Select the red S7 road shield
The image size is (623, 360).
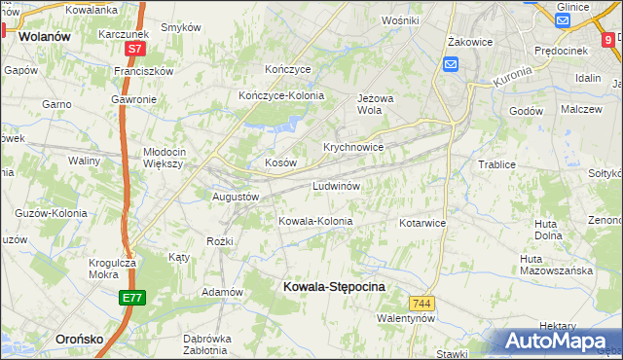[x=135, y=48]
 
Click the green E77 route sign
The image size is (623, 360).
[x=133, y=298]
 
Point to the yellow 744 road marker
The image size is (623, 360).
[x=421, y=304]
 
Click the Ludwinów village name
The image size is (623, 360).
[x=337, y=185]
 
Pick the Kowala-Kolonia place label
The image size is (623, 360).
[x=315, y=221]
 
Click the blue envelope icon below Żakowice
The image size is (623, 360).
[x=451, y=64]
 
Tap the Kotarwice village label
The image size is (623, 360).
[x=421, y=223]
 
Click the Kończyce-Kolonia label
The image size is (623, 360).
[x=281, y=95]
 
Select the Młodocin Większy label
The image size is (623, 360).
[x=177, y=158]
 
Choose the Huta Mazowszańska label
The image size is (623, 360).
[x=556, y=265]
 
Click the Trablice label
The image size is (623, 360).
[x=496, y=164]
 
